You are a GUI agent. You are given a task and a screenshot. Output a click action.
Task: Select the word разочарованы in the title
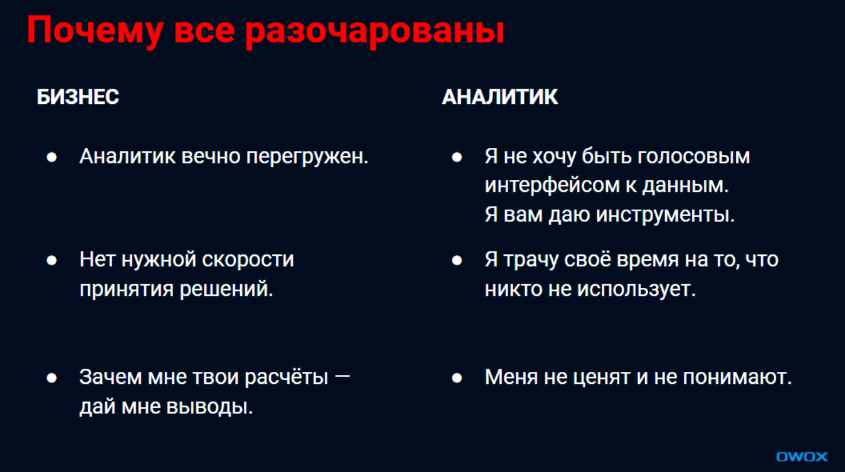375,31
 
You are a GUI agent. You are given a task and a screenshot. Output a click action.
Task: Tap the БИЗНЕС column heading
78,97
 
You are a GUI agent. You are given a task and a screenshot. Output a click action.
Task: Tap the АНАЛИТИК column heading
500,97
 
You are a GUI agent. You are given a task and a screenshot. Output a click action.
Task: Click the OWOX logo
802,456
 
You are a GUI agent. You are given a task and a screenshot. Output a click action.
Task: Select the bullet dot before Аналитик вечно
52,157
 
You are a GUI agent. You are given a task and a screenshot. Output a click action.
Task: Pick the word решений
227,289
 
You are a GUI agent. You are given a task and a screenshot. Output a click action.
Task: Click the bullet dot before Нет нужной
52,260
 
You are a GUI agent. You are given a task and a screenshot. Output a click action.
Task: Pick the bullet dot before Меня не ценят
457,378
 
